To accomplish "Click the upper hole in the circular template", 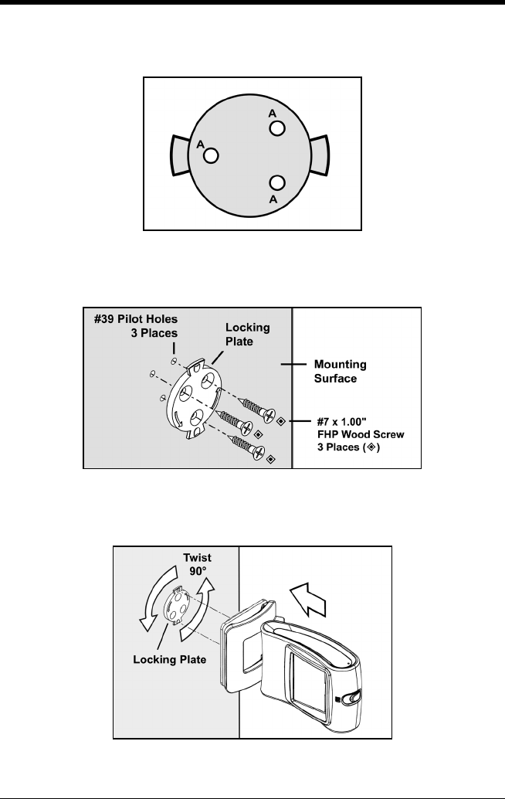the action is pyautogui.click(x=278, y=126).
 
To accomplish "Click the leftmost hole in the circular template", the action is pyautogui.click(x=211, y=155).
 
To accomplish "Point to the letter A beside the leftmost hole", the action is pyautogui.click(x=201, y=144).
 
